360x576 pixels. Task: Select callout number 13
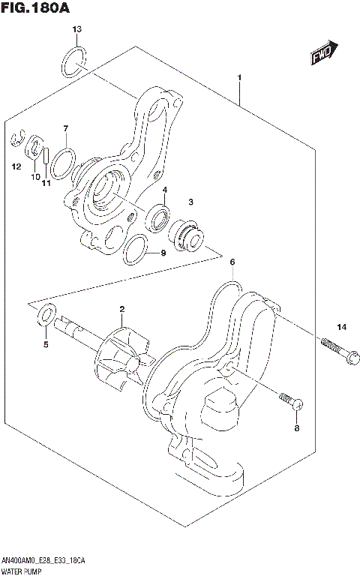76,29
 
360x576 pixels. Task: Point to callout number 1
239,78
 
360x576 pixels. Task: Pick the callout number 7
66,128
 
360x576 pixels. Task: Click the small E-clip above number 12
18,139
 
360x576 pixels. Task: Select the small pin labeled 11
46,157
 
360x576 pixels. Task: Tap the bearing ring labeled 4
160,217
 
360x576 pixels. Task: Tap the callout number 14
341,326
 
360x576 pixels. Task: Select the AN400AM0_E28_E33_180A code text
43,561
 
